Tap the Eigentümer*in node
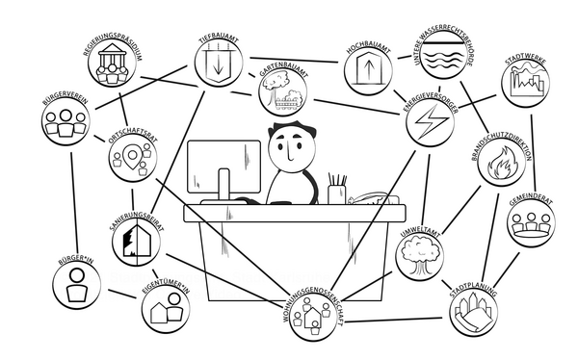[166, 309]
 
